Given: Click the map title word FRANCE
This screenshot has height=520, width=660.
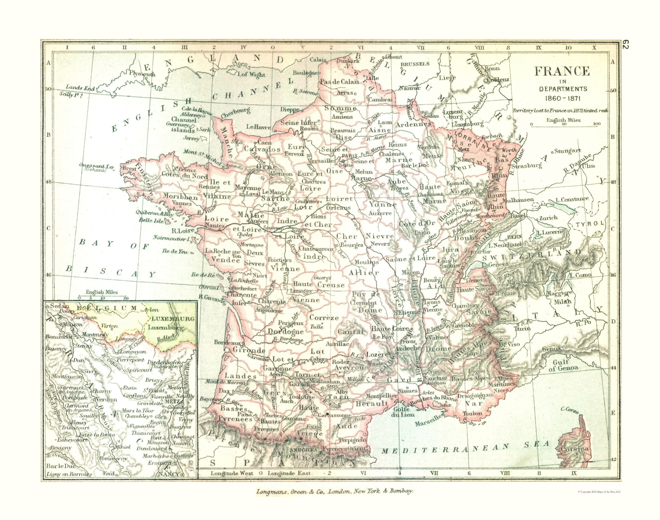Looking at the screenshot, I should tap(561, 71).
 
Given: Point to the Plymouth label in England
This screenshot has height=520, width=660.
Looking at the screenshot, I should tap(142, 74).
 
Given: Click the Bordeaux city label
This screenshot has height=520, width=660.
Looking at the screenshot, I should tap(226, 342).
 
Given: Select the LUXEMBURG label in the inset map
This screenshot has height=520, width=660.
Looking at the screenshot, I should tap(171, 319).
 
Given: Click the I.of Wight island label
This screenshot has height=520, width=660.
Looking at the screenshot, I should tap(252, 74).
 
